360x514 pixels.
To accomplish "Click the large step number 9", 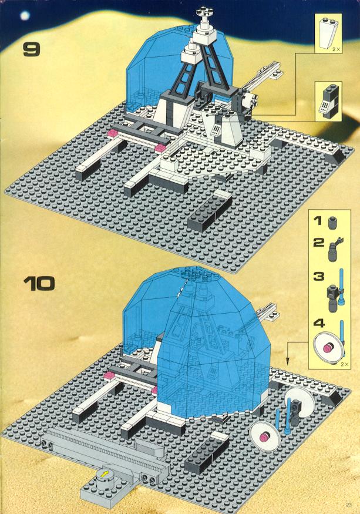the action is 32,49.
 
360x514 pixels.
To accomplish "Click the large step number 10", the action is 39,284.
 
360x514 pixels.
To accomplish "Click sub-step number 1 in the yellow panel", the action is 318,220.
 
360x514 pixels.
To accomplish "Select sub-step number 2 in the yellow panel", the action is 318,243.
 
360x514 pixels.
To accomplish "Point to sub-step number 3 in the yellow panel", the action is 318,276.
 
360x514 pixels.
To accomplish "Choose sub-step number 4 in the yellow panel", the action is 318,323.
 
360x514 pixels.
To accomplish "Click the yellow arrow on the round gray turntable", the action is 105,474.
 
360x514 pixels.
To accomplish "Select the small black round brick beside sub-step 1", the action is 332,223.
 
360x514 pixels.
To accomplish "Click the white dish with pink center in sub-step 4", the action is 328,348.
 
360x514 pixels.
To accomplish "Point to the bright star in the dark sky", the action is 25,15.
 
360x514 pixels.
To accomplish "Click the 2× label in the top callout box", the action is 336,49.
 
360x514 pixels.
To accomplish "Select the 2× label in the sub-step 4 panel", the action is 344,364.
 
